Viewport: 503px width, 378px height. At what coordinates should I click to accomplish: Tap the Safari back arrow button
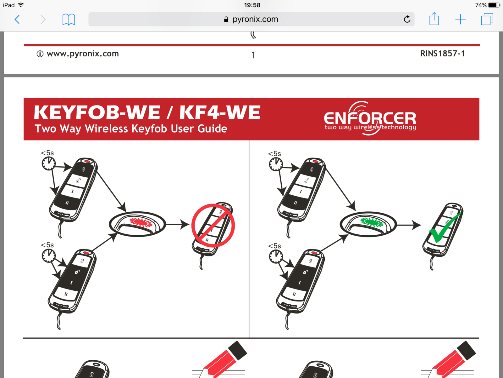17,20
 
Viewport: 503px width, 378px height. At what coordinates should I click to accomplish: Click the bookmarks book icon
69,20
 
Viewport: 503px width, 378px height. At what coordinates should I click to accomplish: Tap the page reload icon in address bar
407,20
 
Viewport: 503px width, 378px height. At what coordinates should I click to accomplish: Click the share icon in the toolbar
434,19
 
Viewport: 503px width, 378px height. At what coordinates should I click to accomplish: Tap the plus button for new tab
460,20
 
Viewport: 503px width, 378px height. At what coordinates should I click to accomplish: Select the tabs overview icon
487,19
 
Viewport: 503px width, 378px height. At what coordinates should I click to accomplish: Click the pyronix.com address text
255,19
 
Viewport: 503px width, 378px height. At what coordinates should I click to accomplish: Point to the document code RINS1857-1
442,54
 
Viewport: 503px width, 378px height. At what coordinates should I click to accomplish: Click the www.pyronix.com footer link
83,54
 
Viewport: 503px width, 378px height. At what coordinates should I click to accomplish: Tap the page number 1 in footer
253,55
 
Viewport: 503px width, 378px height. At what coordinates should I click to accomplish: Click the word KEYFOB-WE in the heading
97,113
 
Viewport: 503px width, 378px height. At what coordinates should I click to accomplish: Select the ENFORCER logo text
370,118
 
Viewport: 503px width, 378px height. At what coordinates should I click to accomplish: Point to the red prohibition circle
213,226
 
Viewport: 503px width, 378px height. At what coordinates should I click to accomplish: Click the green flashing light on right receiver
372,222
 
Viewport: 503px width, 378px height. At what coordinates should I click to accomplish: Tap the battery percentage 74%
481,5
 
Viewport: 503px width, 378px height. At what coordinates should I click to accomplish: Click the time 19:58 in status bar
252,5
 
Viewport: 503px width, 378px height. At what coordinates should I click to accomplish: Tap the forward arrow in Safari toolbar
43,20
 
